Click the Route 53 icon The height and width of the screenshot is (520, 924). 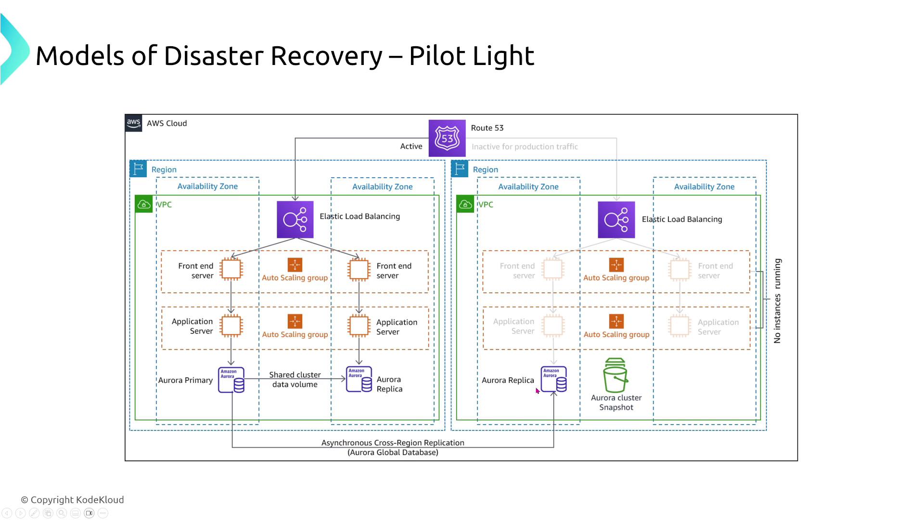pyautogui.click(x=447, y=138)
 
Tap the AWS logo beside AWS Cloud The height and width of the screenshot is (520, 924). pyautogui.click(x=133, y=123)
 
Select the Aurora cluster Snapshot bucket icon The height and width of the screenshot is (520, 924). pyautogui.click(x=616, y=376)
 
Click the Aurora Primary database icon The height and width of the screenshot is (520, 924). pyautogui.click(x=231, y=380)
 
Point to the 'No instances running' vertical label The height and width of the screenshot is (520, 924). pyautogui.click(x=777, y=301)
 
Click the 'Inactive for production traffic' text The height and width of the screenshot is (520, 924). pyautogui.click(x=525, y=147)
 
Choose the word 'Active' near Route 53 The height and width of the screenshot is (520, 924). pyautogui.click(x=411, y=146)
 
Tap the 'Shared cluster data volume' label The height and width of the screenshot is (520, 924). pyautogui.click(x=295, y=379)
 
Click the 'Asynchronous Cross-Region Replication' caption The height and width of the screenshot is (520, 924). pyautogui.click(x=393, y=443)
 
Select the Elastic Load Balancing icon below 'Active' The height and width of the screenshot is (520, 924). pyautogui.click(x=295, y=220)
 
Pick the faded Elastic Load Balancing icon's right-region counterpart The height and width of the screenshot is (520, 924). pyautogui.click(x=616, y=220)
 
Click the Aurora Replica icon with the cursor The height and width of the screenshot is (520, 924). pyautogui.click(x=553, y=379)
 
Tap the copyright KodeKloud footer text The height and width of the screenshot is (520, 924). pyautogui.click(x=73, y=500)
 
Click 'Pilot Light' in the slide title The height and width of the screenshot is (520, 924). pyautogui.click(x=472, y=56)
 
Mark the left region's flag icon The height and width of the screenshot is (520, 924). pyautogui.click(x=138, y=169)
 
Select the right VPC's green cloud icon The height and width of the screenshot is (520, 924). pyautogui.click(x=465, y=204)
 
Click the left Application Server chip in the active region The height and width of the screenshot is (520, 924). pyautogui.click(x=231, y=326)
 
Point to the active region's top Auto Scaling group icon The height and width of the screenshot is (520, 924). pyautogui.click(x=295, y=265)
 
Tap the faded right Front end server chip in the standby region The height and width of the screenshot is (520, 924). pyautogui.click(x=680, y=270)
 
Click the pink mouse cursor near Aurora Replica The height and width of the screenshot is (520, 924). pyautogui.click(x=538, y=391)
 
